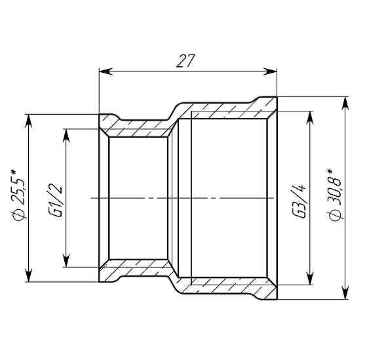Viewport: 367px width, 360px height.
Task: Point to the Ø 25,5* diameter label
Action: point(18,197)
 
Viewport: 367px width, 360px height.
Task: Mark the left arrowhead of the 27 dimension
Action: point(104,70)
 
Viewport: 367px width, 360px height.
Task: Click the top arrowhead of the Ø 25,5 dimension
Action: point(28,119)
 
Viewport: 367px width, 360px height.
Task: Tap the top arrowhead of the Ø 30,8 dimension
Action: point(345,102)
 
